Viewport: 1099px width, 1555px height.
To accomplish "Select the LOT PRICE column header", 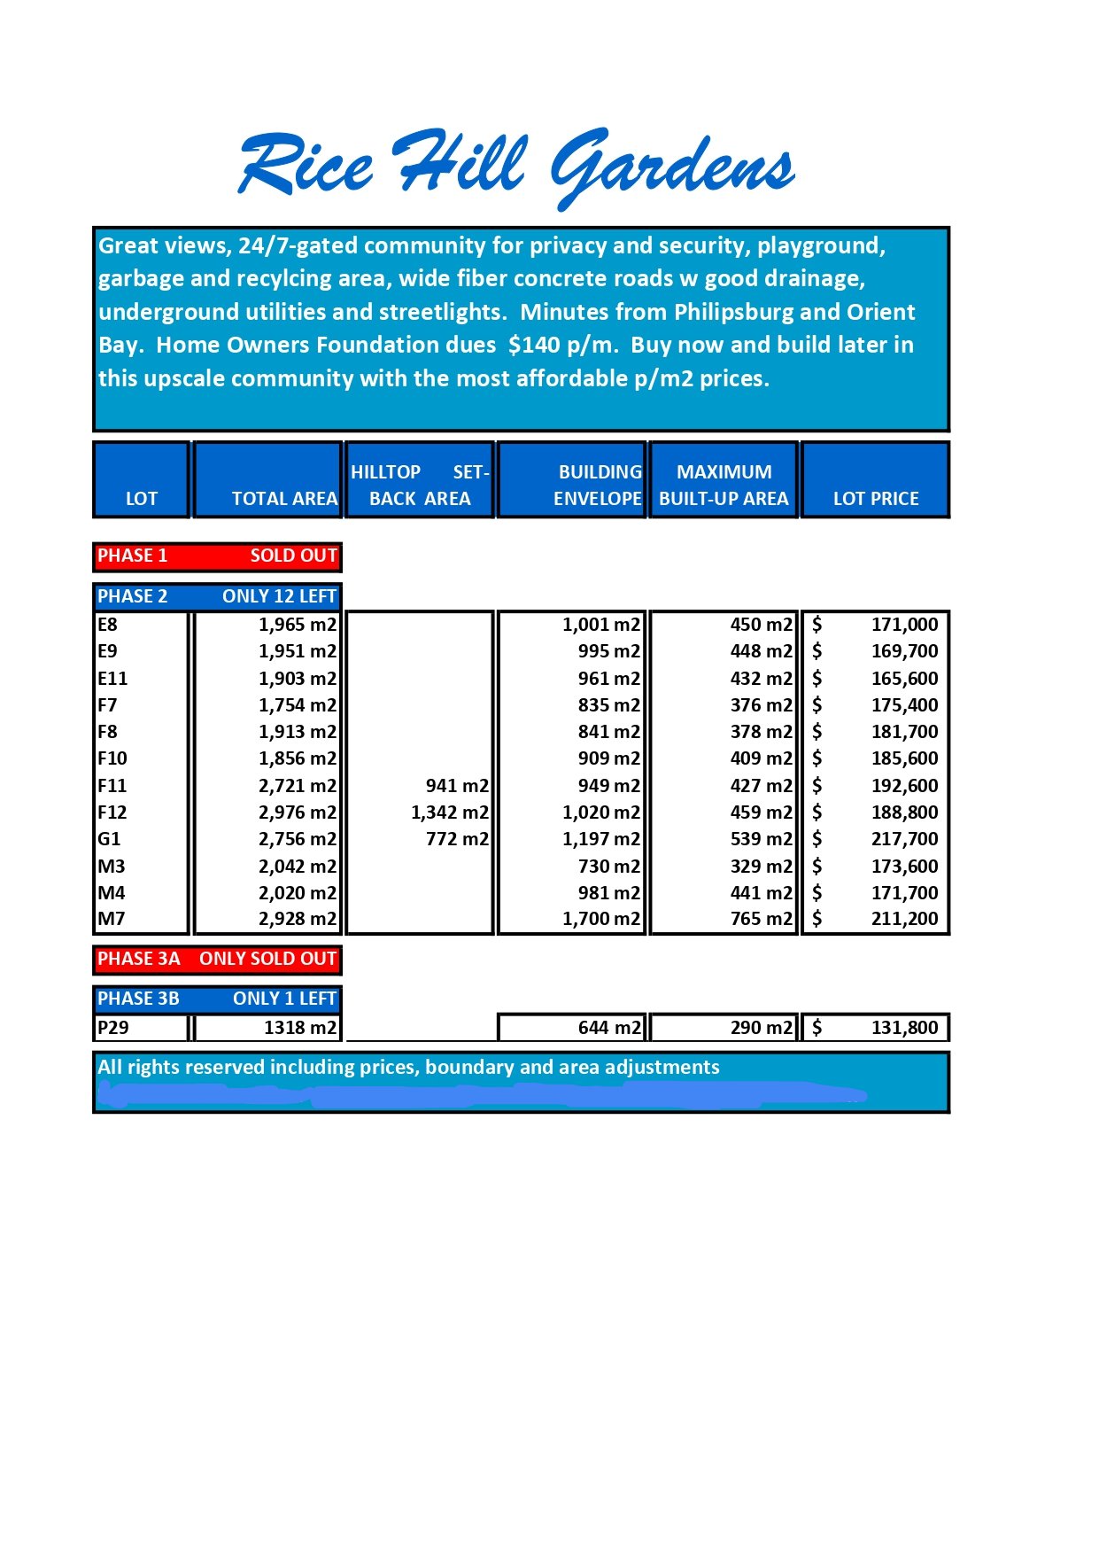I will [875, 498].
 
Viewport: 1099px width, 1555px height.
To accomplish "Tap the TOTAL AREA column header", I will [284, 498].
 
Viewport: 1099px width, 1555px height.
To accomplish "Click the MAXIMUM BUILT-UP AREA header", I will [724, 485].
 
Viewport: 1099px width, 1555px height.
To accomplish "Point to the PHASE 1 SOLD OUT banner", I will [217, 556].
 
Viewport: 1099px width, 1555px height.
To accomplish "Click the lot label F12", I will [112, 812].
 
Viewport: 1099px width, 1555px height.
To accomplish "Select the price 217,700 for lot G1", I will [903, 838].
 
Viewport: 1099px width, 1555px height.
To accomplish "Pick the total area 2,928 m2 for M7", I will [298, 919].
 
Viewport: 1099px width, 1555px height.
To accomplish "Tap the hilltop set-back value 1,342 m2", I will [449, 812].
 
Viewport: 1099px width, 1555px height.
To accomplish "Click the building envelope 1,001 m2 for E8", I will [600, 624].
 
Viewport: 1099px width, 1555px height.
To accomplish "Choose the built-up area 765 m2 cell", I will [761, 919].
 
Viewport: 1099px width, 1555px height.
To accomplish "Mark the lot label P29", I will [113, 1028].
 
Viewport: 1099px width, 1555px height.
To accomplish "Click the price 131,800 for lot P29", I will [903, 1028].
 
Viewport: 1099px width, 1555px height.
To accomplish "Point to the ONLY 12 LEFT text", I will [279, 596].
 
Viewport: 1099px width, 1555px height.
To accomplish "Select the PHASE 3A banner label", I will [139, 959].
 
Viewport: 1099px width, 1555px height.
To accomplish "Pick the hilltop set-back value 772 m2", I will [457, 838].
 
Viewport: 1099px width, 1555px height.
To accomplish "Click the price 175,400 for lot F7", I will [903, 704].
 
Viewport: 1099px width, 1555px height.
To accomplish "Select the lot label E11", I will [112, 678].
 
